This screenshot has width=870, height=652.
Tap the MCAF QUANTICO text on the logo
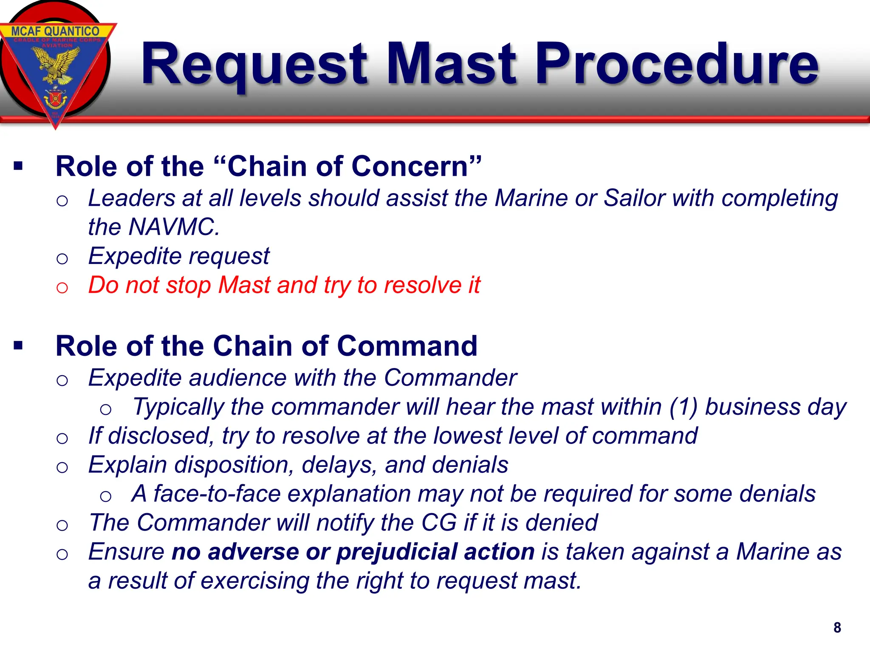[x=55, y=31]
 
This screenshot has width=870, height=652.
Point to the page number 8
[x=837, y=627]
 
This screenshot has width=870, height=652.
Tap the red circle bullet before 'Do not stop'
[x=62, y=287]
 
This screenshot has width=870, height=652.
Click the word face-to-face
[x=217, y=494]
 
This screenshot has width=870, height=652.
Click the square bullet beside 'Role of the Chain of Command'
[x=18, y=346]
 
